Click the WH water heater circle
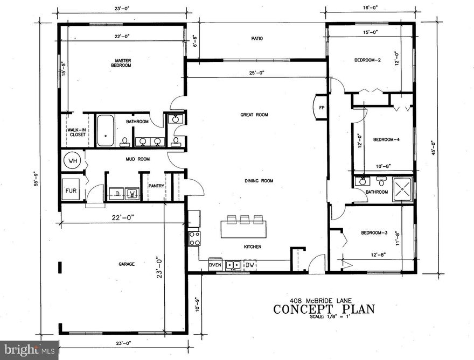72,160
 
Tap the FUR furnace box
71,190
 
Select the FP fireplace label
322,108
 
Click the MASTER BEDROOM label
123,62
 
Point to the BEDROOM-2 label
367,60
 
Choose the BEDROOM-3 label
374,232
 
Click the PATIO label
256,39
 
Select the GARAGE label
127,264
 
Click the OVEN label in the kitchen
215,265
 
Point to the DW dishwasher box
250,265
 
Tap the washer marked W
132,193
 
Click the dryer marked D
117,193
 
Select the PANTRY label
156,186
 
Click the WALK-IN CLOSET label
77,132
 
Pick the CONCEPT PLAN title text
323,309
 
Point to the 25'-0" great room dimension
256,73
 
